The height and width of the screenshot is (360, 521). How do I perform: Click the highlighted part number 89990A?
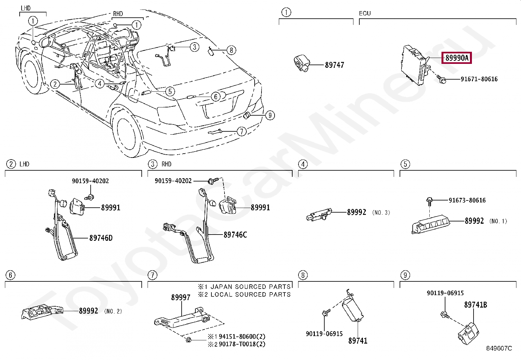tap(457, 58)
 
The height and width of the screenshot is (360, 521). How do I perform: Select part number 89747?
tap(334, 65)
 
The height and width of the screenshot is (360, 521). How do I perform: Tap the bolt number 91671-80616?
tap(479, 79)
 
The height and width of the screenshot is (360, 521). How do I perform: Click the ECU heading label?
tap(365, 13)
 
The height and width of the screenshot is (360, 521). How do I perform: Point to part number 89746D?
tap(101, 238)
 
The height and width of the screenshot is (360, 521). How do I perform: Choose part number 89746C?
tap(235, 235)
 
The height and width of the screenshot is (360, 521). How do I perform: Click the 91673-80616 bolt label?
tap(467, 200)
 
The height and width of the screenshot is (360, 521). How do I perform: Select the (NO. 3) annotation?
tap(381, 213)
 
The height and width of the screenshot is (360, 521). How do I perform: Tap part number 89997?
tap(181, 297)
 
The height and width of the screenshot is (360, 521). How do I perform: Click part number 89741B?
tap(476, 305)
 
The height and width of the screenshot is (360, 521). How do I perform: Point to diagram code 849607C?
tap(499, 348)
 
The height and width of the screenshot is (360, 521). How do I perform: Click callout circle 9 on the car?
tap(270, 115)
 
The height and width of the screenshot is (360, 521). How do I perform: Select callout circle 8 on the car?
tap(231, 50)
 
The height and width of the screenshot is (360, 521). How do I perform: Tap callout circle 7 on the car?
tap(242, 132)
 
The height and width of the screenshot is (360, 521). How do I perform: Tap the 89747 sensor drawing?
tap(301, 63)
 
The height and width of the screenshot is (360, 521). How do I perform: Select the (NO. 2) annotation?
tap(113, 311)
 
